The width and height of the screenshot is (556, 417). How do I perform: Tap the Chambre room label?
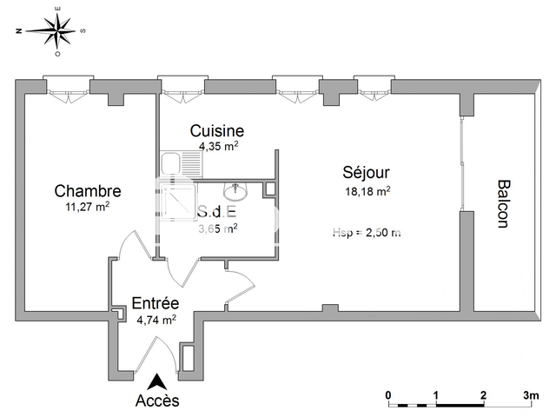tap(87, 191)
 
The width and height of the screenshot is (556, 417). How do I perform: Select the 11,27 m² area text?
tap(87, 207)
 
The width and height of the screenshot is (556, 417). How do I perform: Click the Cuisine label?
tap(218, 131)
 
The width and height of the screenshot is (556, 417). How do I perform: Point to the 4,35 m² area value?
tap(218, 146)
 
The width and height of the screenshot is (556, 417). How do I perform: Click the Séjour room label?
tap(366, 173)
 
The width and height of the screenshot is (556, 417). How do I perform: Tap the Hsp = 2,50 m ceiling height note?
tap(366, 232)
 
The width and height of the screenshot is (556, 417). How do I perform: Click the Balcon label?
tap(502, 203)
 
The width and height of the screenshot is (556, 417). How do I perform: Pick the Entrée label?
tap(156, 303)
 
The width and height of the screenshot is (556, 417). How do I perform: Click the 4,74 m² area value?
tap(156, 319)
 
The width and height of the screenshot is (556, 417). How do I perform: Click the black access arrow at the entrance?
tap(157, 381)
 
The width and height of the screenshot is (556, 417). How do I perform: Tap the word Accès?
tap(157, 400)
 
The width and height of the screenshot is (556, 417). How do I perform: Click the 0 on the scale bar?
tap(388, 394)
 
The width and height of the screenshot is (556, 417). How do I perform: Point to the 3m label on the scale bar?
tap(529, 394)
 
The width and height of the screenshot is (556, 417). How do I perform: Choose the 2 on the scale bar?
tap(482, 394)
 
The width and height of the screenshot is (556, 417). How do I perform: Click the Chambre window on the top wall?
tap(67, 87)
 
